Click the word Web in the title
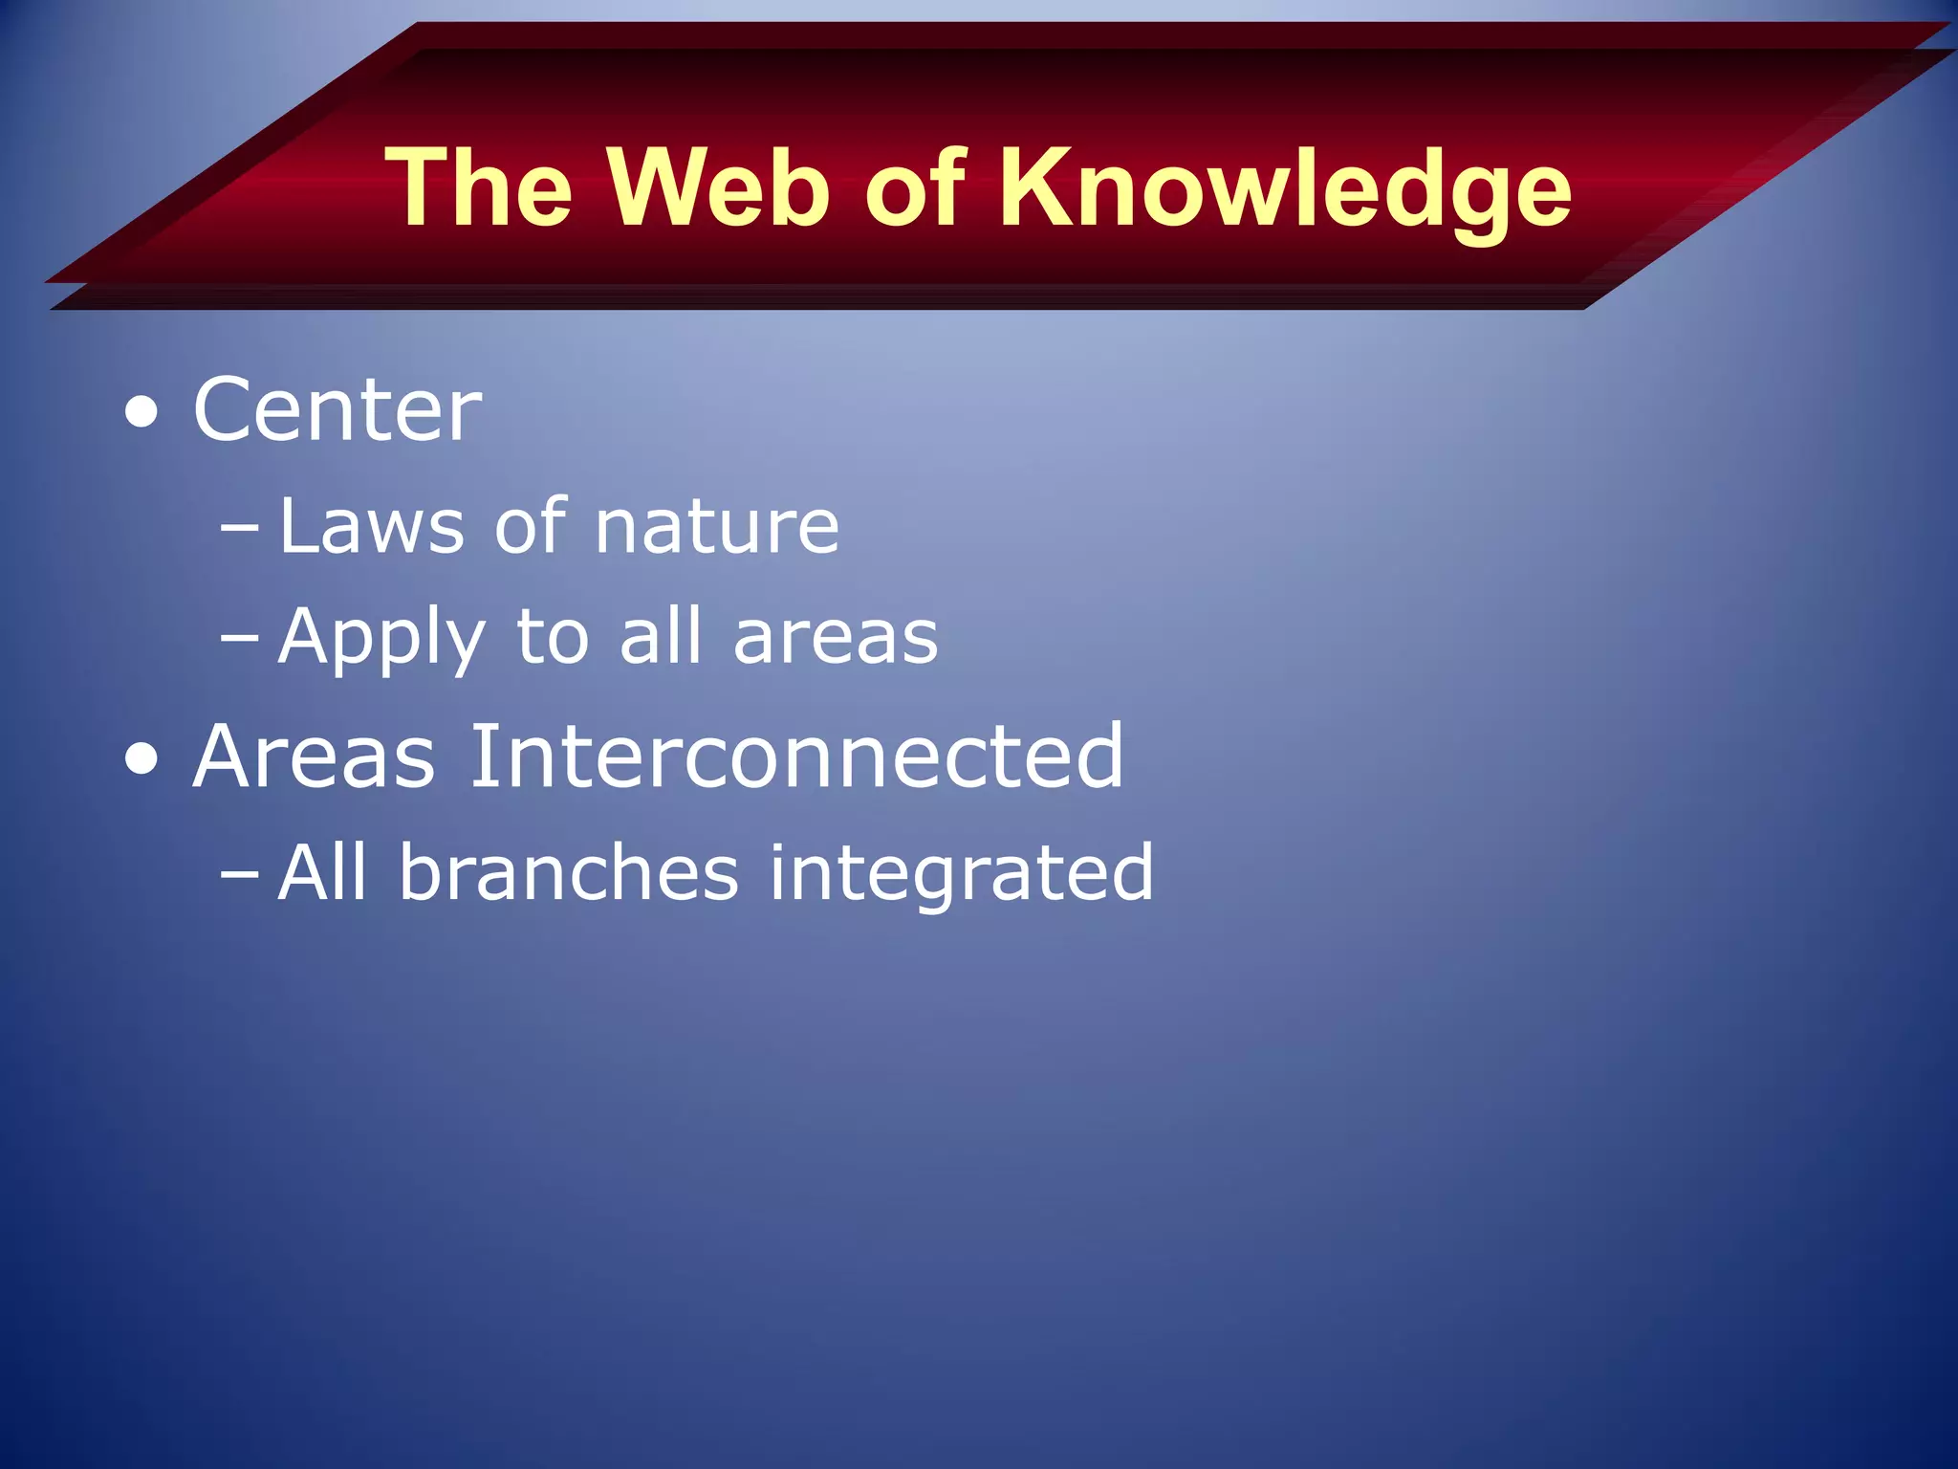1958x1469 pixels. [719, 187]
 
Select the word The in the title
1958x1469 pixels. [479, 187]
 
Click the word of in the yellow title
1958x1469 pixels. [915, 187]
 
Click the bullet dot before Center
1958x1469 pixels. [141, 413]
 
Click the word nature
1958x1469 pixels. [716, 528]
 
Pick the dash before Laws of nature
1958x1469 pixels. [238, 527]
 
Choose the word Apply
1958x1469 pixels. [381, 639]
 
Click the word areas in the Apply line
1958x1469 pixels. [836, 639]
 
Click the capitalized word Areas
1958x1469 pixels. [314, 756]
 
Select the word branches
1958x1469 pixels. [568, 872]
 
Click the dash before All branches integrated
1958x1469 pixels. [238, 872]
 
